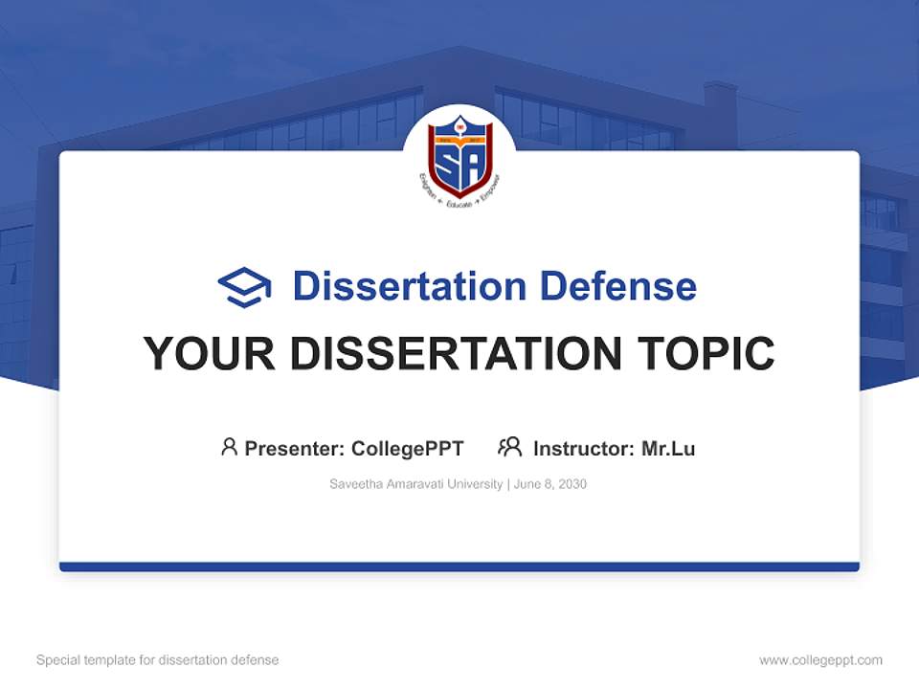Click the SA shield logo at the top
click(x=459, y=155)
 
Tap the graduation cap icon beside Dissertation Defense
click(x=244, y=287)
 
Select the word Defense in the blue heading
click(x=617, y=286)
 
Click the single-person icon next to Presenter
click(x=229, y=447)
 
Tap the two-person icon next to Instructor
click(x=509, y=447)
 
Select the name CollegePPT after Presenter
click(x=408, y=449)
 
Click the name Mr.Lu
click(x=668, y=449)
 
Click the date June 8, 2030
click(x=550, y=484)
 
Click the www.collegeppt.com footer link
click(x=820, y=660)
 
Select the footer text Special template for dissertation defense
click(x=158, y=660)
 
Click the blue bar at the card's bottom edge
click(x=459, y=567)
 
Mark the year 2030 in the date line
click(x=572, y=484)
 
